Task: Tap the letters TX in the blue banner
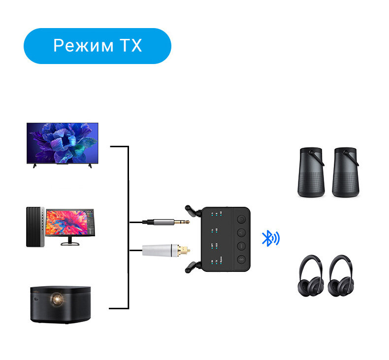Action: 129,46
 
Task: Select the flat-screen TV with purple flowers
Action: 62,143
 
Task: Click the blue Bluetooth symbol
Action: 269,238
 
